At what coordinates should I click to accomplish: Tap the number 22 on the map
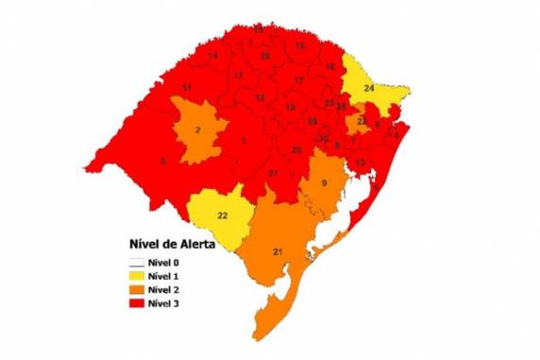click(x=223, y=215)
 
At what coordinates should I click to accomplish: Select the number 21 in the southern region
click(x=278, y=250)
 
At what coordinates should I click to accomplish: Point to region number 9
click(x=324, y=182)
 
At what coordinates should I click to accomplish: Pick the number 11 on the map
click(x=188, y=88)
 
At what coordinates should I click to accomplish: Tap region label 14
click(x=214, y=57)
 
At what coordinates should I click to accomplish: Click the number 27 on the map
click(x=273, y=173)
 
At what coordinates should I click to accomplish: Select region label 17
click(x=299, y=81)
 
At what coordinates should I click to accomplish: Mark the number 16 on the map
click(x=330, y=67)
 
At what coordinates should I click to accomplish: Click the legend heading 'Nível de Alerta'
click(x=170, y=244)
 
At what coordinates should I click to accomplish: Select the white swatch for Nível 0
click(x=135, y=261)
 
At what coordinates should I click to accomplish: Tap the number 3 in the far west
click(x=162, y=162)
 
